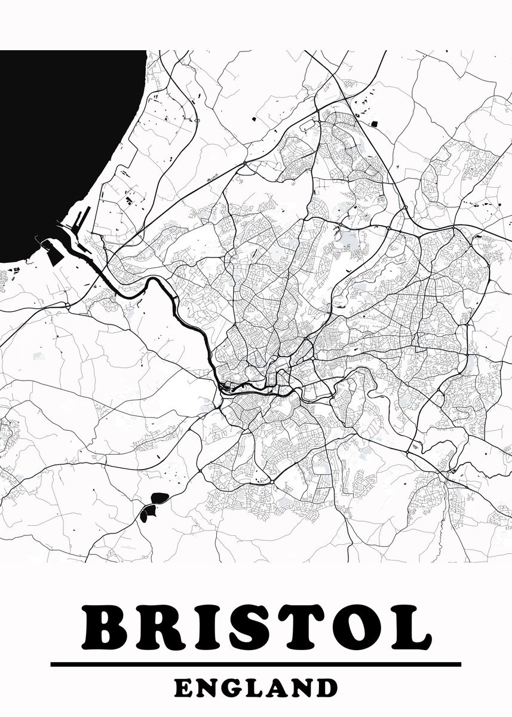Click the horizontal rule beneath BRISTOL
(x=256, y=664)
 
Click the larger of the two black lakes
(x=160, y=497)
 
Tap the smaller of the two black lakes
(x=147, y=511)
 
